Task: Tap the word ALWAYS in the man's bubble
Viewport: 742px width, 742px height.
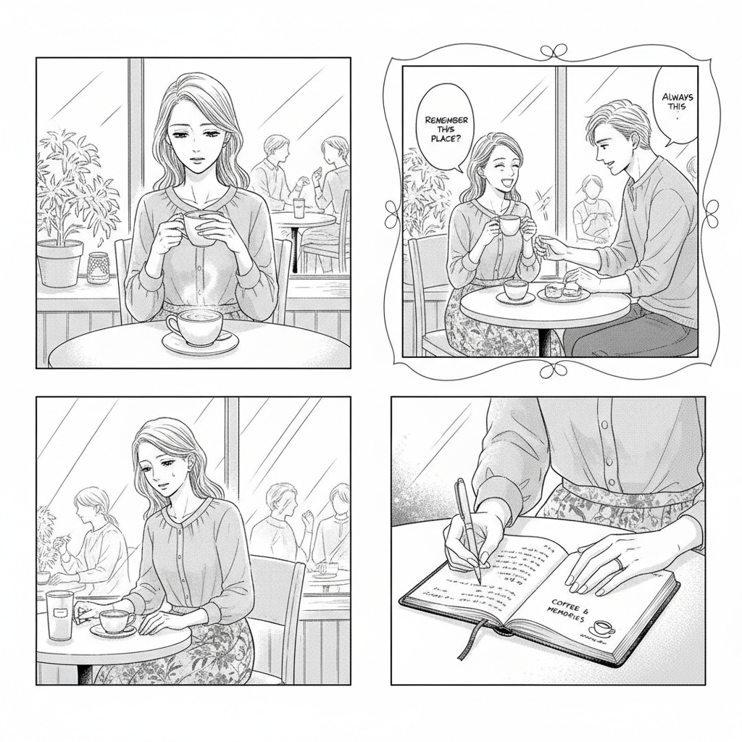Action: pyautogui.click(x=678, y=96)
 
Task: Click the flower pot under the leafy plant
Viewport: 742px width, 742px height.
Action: pyautogui.click(x=59, y=262)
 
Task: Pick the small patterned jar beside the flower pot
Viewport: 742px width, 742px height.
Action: pyautogui.click(x=97, y=267)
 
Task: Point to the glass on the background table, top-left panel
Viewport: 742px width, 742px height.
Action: pyautogui.click(x=299, y=207)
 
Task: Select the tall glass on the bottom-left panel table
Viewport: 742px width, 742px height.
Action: pyautogui.click(x=60, y=614)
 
